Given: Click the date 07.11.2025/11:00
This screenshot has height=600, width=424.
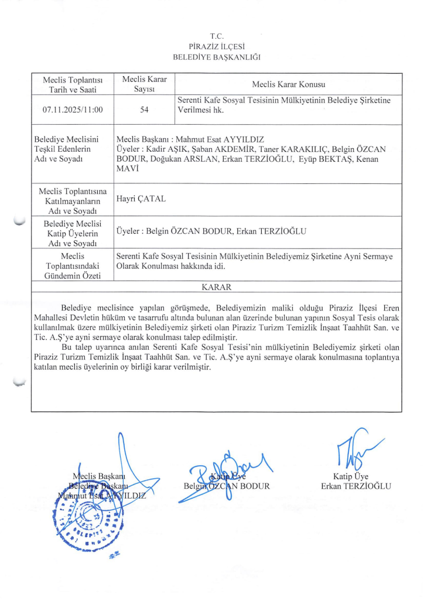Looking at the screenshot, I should tap(73, 109).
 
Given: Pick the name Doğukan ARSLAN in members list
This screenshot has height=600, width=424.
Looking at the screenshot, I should tap(180, 159).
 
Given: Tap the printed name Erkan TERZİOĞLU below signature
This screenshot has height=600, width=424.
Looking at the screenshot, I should tap(355, 486).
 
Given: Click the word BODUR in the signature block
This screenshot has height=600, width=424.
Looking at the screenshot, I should tap(254, 486).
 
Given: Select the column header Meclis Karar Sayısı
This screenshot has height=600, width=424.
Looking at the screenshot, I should tap(144, 84).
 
